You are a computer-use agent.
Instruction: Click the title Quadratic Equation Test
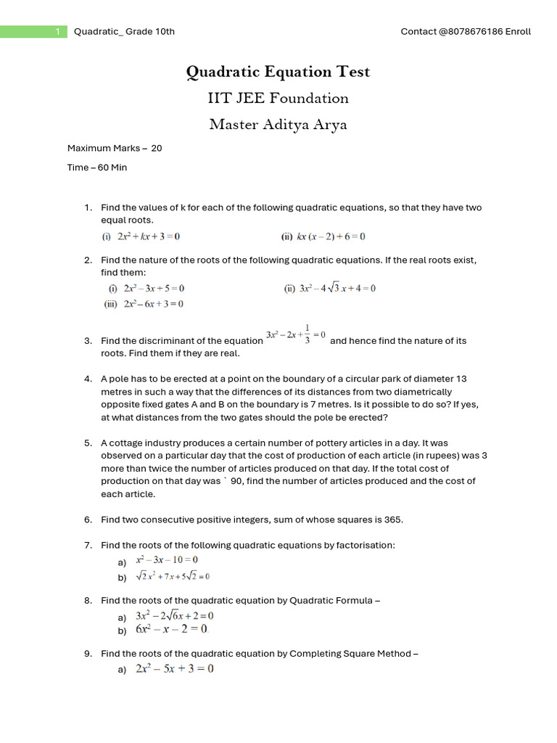coord(278,72)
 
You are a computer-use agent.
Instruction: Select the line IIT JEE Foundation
coord(278,98)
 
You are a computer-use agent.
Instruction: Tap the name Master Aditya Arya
coord(278,124)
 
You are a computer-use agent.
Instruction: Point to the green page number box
coord(33,31)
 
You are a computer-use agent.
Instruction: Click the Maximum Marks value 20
coord(156,148)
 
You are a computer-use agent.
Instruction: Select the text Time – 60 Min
coord(97,168)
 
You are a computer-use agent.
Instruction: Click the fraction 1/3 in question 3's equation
coord(308,334)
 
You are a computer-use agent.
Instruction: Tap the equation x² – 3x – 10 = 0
coord(167,560)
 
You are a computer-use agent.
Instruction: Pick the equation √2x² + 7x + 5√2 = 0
coord(173,577)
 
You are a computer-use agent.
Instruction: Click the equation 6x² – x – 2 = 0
coord(171,629)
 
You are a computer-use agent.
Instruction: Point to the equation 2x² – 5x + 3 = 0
coord(174,669)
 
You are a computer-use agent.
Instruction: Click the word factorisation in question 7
coord(368,545)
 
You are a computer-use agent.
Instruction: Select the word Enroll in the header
coord(519,31)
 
